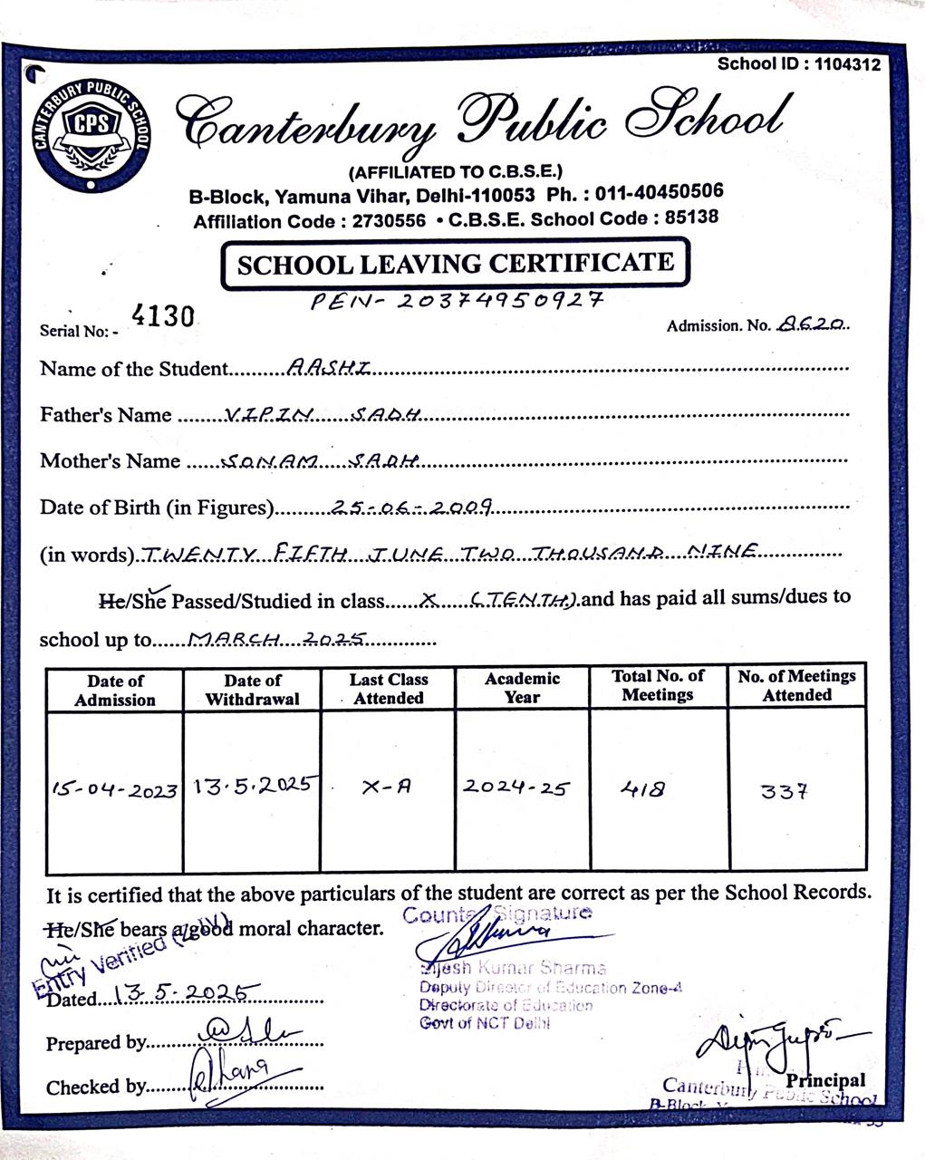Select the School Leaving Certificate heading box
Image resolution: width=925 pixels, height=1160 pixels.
(x=455, y=264)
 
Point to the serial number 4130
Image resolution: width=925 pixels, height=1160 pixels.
(x=163, y=316)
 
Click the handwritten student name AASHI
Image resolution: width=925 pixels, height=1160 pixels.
(x=329, y=366)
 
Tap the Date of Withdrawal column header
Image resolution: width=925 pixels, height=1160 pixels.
(x=253, y=690)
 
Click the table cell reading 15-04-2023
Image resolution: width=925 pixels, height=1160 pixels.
(x=114, y=790)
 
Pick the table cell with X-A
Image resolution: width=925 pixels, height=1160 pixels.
(x=387, y=788)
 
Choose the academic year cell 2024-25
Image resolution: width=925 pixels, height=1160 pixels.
(x=516, y=787)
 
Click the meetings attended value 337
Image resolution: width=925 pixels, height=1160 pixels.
(x=784, y=792)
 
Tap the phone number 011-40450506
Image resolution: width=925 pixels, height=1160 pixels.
(x=660, y=192)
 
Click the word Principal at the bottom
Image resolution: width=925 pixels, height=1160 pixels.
(x=825, y=1080)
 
